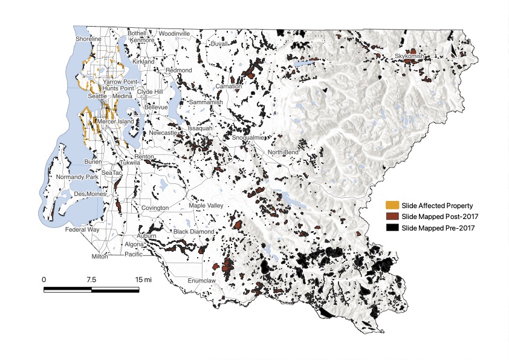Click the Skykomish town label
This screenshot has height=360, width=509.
point(410,56)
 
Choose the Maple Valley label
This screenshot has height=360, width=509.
point(206,206)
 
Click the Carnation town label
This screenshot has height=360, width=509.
point(229,87)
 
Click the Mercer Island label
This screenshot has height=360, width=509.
point(115,122)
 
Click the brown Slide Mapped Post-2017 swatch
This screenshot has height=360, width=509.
point(393,216)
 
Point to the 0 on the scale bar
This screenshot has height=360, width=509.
point(44,280)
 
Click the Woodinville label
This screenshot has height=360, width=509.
point(175,33)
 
